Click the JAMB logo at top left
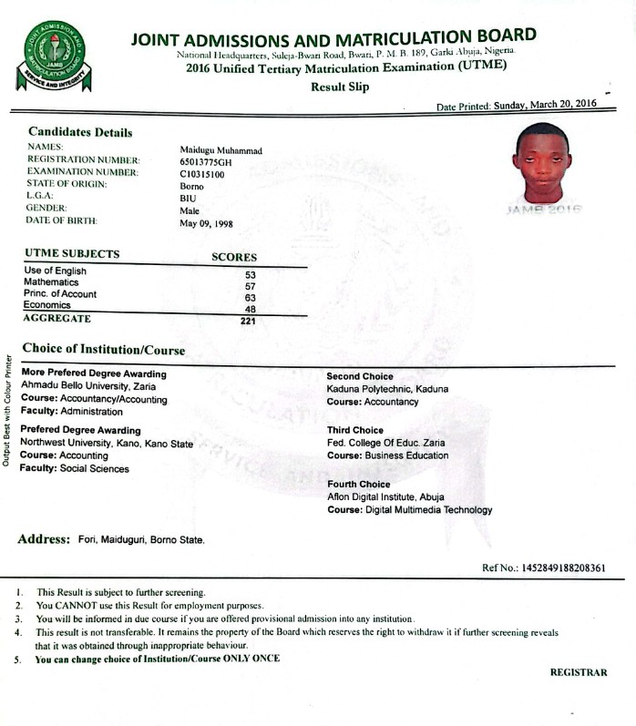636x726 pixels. (56, 56)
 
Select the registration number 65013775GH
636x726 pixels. (207, 160)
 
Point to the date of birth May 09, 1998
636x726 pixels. (206, 223)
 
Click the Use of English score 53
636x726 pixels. (251, 274)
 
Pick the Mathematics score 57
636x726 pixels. (251, 286)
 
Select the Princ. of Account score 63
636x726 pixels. (251, 298)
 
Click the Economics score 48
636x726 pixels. (251, 309)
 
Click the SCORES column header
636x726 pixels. (234, 257)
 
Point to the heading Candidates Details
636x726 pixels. (80, 132)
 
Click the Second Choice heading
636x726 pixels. (360, 376)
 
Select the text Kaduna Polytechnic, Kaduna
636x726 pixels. (387, 389)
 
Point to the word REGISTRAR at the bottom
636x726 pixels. (578, 672)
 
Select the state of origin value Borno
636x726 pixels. (192, 185)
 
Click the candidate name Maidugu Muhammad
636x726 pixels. (221, 148)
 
